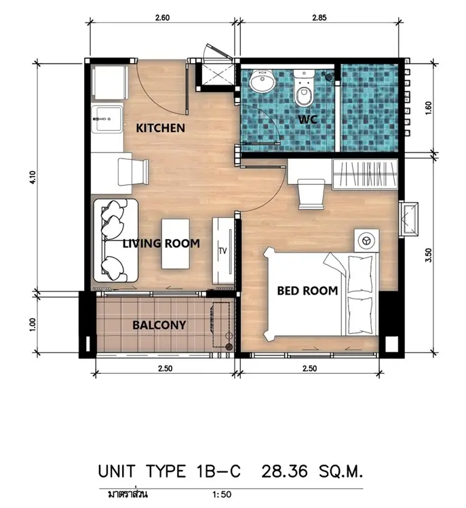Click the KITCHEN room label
coord(160,128)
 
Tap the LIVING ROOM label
coord(161,243)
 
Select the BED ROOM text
coord(307,291)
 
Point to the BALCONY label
coord(159,324)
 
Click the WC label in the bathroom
coord(308,119)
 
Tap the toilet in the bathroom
coord(304,89)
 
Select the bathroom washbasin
coord(263,81)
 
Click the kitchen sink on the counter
coord(107,119)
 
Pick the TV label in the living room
coord(222,251)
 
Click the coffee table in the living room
coord(176,244)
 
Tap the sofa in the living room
coord(116,240)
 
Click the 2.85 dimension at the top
coord(319,18)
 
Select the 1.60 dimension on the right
coord(429,108)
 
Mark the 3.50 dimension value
coord(429,255)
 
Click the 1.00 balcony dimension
coord(32,325)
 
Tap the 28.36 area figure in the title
coord(284,471)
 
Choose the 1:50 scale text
coord(222,494)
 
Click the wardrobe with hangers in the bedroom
coord(365,173)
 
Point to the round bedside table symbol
coord(366,240)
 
